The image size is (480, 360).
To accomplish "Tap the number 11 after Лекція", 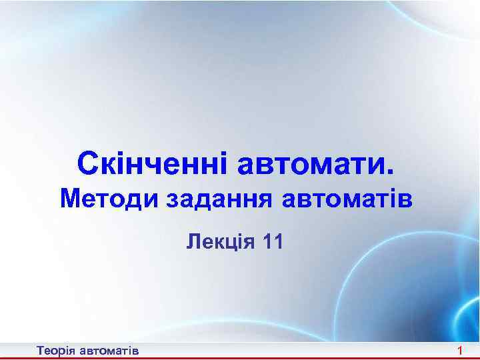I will click(273, 239).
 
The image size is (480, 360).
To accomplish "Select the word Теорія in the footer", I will click(57, 350).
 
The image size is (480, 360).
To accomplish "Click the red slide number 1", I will click(461, 350).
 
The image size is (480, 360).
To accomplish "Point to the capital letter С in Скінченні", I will click(89, 163).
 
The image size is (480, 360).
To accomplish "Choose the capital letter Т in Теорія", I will click(41, 350).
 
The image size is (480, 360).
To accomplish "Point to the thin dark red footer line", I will click(240, 343).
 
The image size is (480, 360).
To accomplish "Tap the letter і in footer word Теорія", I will click(67, 350).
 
